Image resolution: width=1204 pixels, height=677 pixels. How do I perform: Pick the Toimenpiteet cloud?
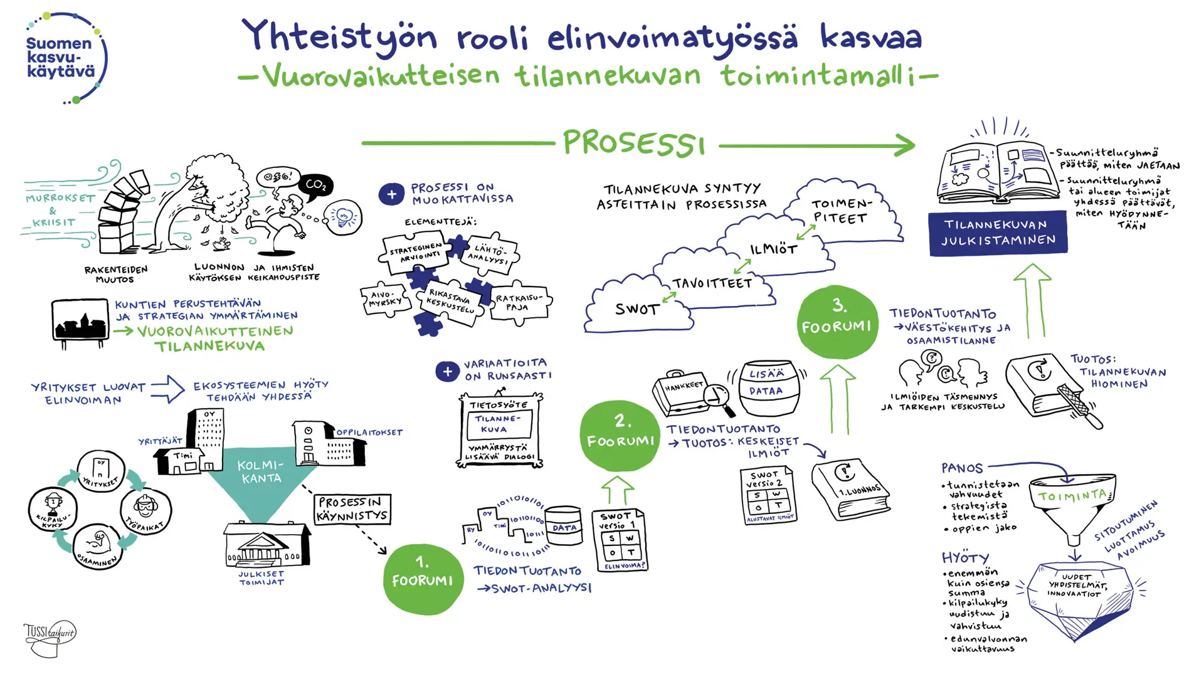840,211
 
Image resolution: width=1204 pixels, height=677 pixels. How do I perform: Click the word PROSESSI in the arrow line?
633,144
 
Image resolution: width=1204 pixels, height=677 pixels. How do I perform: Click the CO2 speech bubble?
315,185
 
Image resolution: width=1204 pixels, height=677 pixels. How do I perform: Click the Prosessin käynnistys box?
352,509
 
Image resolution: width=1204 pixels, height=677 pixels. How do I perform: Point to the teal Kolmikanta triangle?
261,480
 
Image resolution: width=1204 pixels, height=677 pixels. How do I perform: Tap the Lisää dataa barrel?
766,387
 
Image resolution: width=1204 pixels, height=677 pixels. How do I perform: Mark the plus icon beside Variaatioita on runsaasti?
447,372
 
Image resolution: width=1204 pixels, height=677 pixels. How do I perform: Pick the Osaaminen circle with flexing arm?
98,546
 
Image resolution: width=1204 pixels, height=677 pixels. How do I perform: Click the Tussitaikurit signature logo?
50,638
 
